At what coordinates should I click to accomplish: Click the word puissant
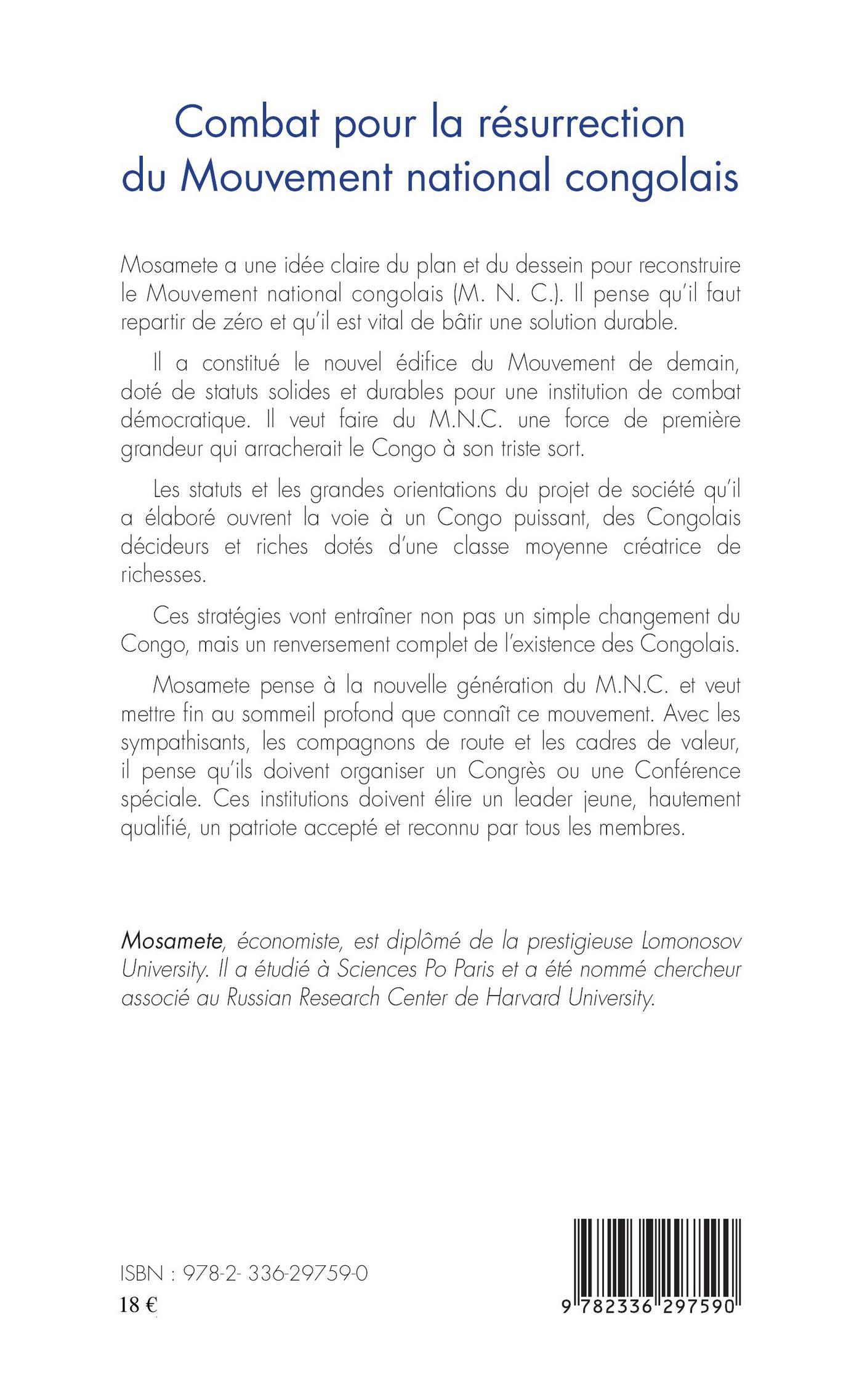(539, 518)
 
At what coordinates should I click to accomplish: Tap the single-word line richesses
(161, 574)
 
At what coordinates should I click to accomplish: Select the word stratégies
(242, 617)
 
